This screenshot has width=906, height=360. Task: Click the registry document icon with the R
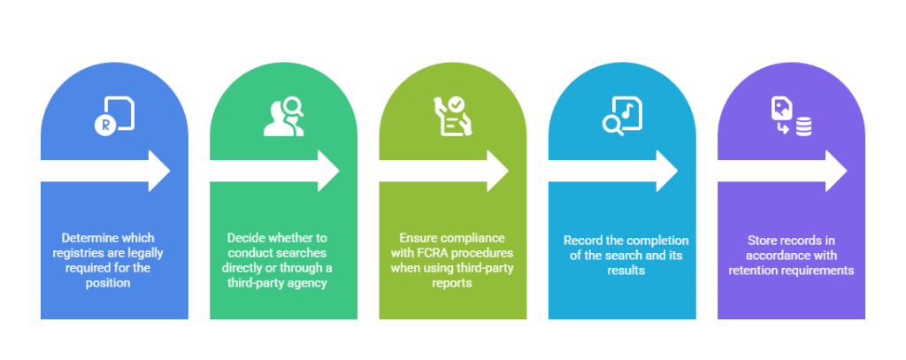pos(114,118)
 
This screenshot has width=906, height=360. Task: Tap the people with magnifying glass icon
pos(283,118)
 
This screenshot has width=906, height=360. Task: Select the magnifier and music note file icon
pos(621,118)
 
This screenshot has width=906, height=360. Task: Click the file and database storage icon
pos(790,118)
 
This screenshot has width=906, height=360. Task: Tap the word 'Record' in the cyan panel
pos(582,241)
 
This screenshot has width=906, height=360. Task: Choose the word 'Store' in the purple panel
pos(763,241)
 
